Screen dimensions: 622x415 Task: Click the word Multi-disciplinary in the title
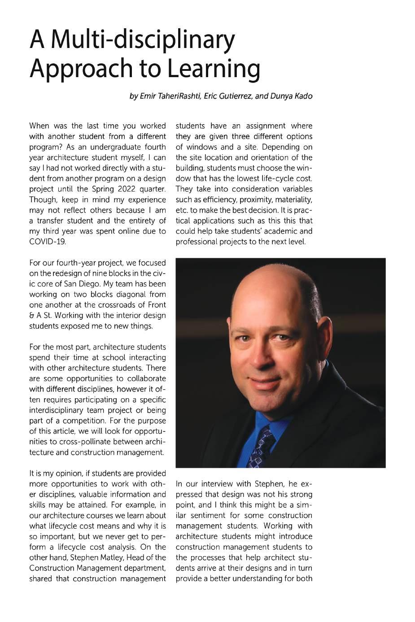[143, 39]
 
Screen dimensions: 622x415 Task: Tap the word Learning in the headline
[213, 68]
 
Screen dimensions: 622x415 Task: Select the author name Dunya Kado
[291, 96]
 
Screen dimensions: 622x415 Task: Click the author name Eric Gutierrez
[228, 96]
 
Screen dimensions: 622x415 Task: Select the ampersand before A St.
[32, 316]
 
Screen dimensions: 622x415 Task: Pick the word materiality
[294, 200]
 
